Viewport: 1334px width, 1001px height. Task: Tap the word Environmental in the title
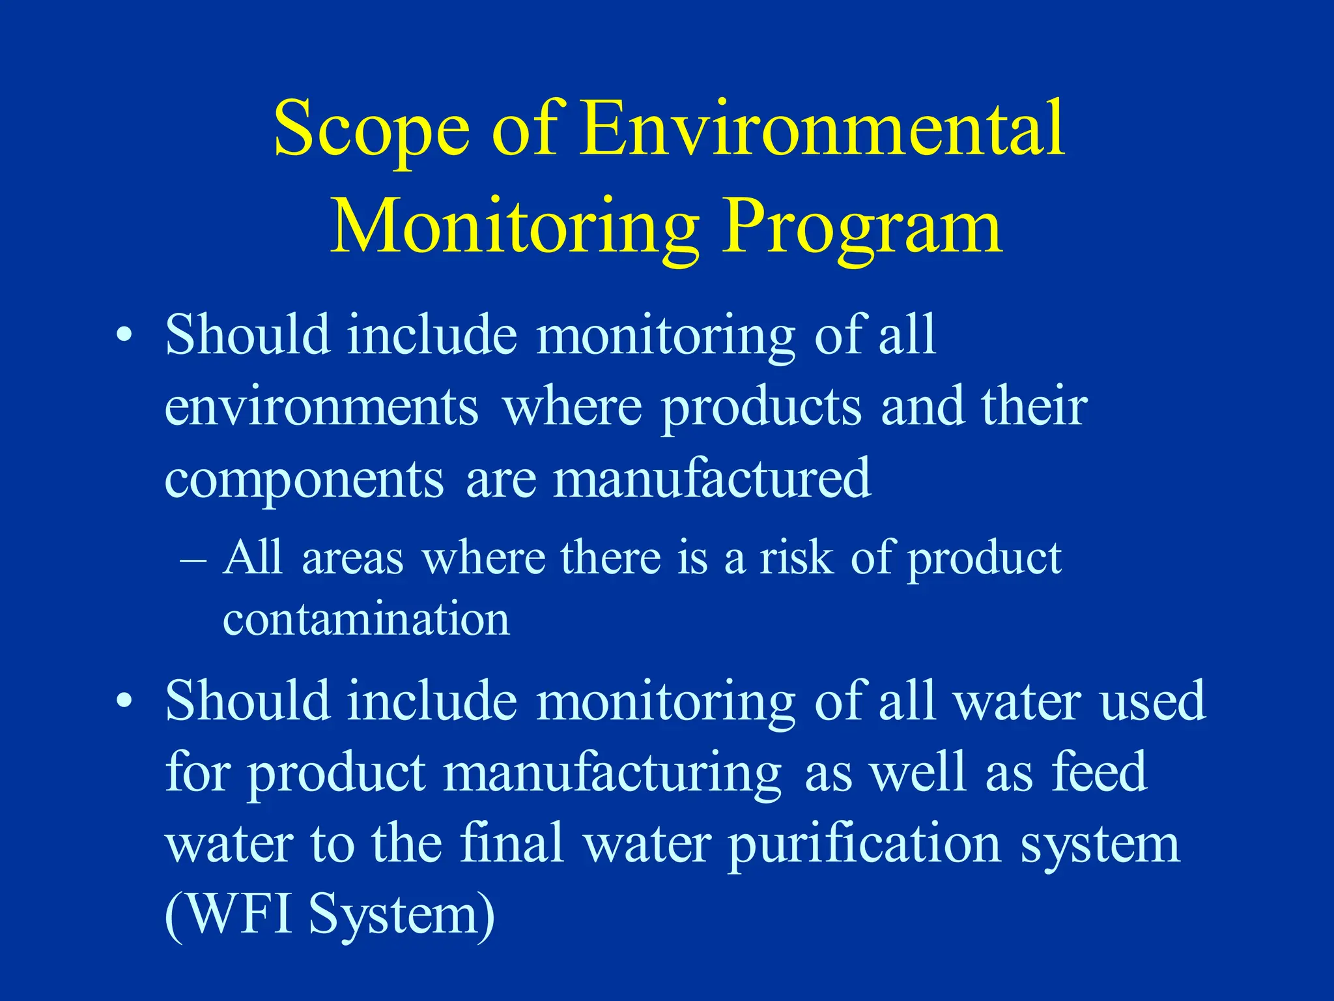822,128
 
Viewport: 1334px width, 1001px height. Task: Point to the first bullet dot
124,336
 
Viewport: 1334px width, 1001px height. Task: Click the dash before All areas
193,560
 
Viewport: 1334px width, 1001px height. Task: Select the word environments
321,407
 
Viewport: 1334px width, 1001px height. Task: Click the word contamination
366,619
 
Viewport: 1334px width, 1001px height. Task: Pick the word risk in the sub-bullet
796,559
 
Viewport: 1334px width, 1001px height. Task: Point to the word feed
1100,772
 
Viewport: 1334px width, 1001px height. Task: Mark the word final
511,843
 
